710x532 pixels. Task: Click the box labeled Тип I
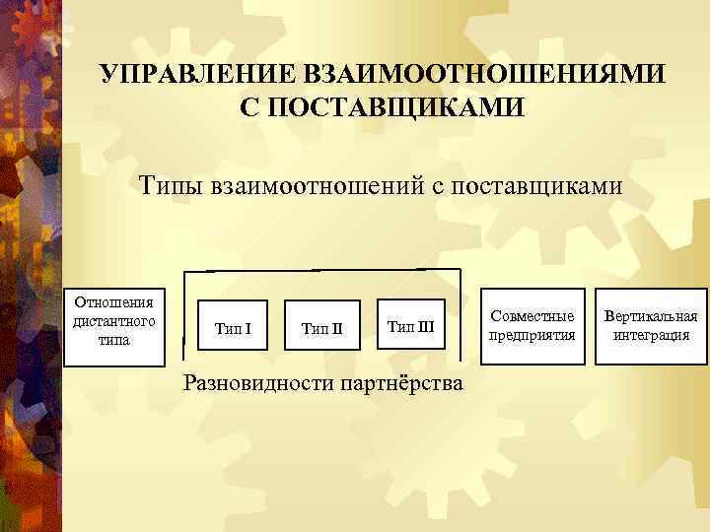[233, 327]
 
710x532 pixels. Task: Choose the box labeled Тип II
[321, 327]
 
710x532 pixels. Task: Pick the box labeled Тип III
[410, 325]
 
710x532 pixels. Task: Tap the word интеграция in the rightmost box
[651, 335]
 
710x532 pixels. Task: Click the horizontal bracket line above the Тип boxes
[316, 269]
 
